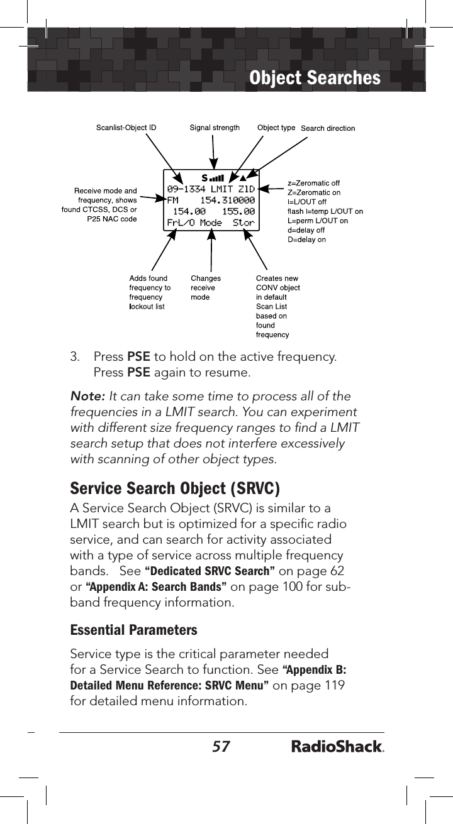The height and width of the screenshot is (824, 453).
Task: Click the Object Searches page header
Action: pos(315,78)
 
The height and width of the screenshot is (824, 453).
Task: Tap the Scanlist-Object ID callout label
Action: pos(126,128)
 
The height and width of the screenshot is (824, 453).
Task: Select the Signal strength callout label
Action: pos(215,128)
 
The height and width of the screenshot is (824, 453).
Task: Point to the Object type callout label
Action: pos(276,128)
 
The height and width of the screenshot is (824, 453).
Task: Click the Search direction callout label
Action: pos(328,129)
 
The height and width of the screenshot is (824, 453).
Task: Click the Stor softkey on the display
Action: pos(243,222)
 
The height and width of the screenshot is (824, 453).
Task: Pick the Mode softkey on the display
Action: pos(211,222)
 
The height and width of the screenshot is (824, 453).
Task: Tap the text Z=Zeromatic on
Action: pos(314,192)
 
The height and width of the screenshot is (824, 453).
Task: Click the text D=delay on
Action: pos(306,239)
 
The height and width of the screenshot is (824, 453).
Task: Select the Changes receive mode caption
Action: pos(206,288)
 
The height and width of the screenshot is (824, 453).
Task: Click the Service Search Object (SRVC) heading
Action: pos(175,488)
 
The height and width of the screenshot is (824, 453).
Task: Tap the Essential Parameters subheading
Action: pos(133,630)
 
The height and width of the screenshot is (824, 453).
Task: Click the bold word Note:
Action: pos(88,397)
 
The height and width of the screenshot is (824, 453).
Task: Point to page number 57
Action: pos(220,747)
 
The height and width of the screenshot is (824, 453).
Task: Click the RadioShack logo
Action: pos(338,747)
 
